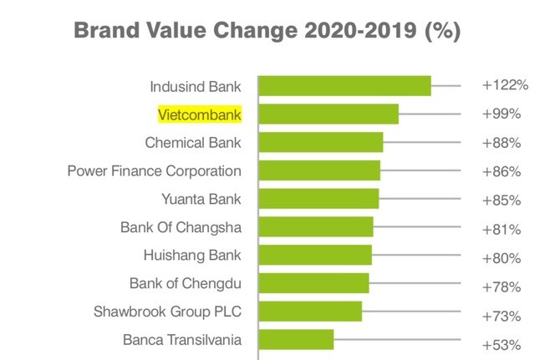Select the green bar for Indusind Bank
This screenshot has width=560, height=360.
point(344,86)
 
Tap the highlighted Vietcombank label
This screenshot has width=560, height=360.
point(200,114)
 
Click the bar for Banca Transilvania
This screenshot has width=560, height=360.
point(296,340)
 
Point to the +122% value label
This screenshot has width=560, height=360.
point(505,85)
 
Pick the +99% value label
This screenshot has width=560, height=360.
point(501,114)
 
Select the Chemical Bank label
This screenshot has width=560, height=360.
point(193,142)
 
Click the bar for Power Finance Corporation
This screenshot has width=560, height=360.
point(319,170)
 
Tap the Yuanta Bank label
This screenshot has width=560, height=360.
point(201,199)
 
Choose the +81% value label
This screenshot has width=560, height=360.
point(501,229)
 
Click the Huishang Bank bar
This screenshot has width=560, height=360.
point(315,256)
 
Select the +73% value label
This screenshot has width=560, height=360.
point(501,316)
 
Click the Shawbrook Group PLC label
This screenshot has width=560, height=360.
point(168,312)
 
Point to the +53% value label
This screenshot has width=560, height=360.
point(501,344)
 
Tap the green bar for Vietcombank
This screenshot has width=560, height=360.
point(328,114)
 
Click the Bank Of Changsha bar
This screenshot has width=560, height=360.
point(316,227)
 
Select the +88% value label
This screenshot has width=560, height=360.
point(501,143)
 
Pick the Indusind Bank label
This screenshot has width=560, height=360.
point(196,85)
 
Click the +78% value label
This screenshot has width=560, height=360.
point(501,286)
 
